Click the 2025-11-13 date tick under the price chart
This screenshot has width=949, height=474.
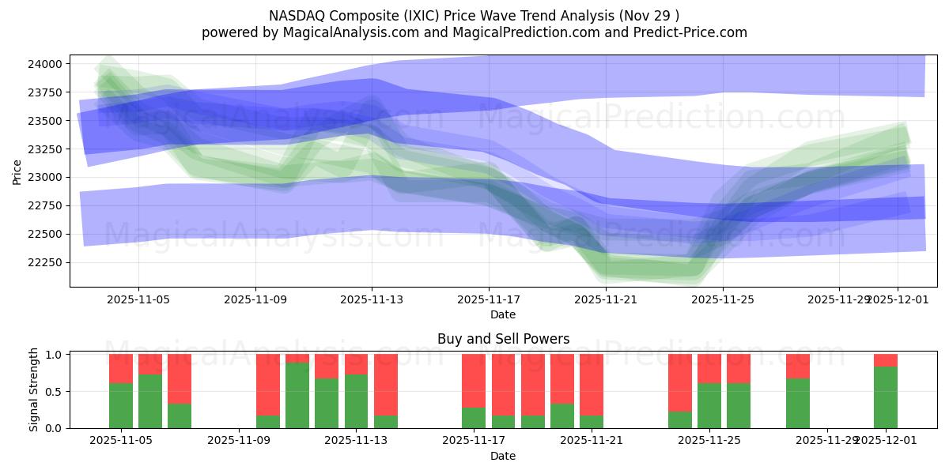pyautogui.click(x=372, y=300)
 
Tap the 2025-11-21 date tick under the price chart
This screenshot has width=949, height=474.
pyautogui.click(x=605, y=300)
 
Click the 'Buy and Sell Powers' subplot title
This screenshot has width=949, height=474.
pyautogui.click(x=503, y=339)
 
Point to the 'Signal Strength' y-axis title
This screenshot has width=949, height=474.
pyautogui.click(x=33, y=390)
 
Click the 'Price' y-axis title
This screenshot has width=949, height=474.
pyautogui.click(x=17, y=171)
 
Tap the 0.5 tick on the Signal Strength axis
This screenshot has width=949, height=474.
pyautogui.click(x=55, y=391)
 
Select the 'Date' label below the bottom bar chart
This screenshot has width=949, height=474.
pyautogui.click(x=503, y=456)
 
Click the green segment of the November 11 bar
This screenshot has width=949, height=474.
pyautogui.click(x=297, y=396)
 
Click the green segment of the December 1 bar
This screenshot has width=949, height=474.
pyautogui.click(x=886, y=397)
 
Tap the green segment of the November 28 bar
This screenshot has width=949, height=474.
pyautogui.click(x=798, y=403)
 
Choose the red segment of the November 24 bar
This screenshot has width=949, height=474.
pyautogui.click(x=680, y=383)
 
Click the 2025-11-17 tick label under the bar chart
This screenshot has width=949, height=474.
pyautogui.click(x=474, y=441)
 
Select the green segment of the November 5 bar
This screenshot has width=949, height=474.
pyautogui.click(x=121, y=405)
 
